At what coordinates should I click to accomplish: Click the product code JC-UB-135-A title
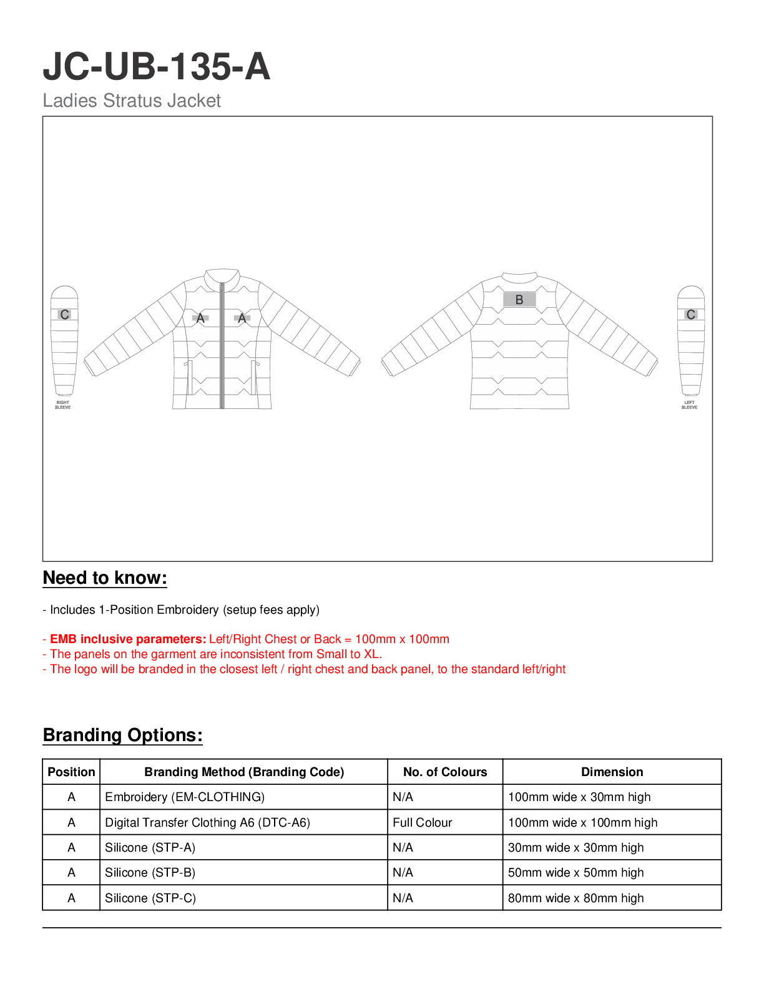tap(156, 67)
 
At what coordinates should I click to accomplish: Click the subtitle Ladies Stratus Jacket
tap(132, 101)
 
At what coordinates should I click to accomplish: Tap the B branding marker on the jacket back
tap(519, 300)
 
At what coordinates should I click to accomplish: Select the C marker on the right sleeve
tap(64, 315)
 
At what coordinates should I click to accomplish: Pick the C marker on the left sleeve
tap(690, 315)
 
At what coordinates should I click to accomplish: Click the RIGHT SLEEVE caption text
tap(63, 405)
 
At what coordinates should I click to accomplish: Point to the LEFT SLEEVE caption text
tap(689, 405)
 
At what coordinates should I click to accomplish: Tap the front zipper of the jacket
tap(222, 350)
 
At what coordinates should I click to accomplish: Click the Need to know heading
tap(105, 578)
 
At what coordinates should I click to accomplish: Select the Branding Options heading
tap(122, 736)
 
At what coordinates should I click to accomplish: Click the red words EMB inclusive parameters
tap(128, 639)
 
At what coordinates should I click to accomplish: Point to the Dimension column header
tap(612, 772)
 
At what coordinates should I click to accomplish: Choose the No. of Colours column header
tap(445, 772)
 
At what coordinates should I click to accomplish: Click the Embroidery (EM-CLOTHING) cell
tap(185, 797)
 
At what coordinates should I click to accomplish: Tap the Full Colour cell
tap(423, 823)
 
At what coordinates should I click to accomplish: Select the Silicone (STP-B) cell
tap(150, 873)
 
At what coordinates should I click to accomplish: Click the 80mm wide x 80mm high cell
tap(575, 898)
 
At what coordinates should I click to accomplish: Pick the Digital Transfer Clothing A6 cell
tap(207, 823)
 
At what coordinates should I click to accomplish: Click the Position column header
tap(71, 772)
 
